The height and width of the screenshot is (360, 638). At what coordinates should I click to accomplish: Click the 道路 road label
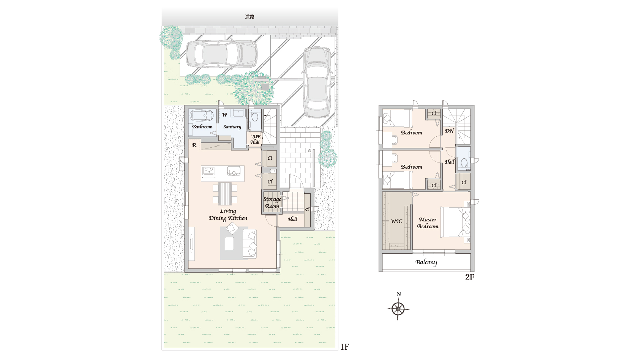coord(250,17)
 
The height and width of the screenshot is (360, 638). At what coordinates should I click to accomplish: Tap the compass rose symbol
coord(398,308)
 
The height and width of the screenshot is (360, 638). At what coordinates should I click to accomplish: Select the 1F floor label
coord(345,347)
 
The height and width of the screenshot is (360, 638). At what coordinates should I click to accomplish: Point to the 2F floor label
coord(470,277)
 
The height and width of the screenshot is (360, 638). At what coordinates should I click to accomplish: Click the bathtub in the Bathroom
coord(202,116)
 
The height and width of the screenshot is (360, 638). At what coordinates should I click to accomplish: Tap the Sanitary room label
coord(232,127)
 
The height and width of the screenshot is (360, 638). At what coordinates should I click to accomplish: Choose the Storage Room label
coord(272,202)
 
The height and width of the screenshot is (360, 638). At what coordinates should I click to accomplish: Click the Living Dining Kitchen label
coord(228,215)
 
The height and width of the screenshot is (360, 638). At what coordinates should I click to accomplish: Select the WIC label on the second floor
coord(396,221)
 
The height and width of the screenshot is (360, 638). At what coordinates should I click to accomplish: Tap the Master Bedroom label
coord(428,223)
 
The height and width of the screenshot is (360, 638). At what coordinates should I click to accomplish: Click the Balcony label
coord(426,262)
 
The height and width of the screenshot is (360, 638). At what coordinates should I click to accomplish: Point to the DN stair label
coord(450,131)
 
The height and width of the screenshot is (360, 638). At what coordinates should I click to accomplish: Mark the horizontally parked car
coord(222,54)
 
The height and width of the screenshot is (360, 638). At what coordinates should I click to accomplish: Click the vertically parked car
coord(317,83)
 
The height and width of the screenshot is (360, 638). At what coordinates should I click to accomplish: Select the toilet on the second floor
coord(464,163)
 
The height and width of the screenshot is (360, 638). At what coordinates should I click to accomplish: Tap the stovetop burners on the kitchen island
coord(208,171)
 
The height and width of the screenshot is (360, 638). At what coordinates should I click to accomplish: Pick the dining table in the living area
coord(225,194)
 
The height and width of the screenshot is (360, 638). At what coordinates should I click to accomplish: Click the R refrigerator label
coord(194,145)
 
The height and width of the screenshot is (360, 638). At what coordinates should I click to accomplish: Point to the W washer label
coord(225,115)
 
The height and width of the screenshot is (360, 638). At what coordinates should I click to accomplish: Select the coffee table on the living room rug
coord(229,243)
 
